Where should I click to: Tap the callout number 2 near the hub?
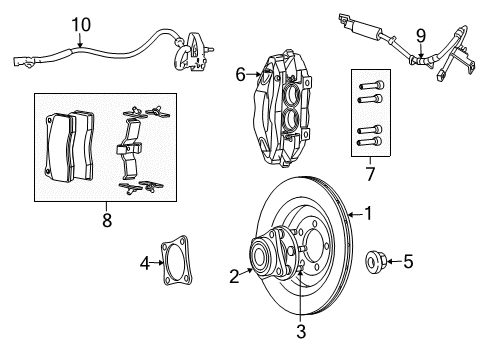[234, 276]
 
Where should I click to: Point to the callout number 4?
[145, 264]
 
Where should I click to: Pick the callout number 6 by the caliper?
[240, 73]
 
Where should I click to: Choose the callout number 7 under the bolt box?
[370, 175]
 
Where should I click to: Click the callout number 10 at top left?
[80, 23]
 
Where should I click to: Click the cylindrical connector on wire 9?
[383, 33]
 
